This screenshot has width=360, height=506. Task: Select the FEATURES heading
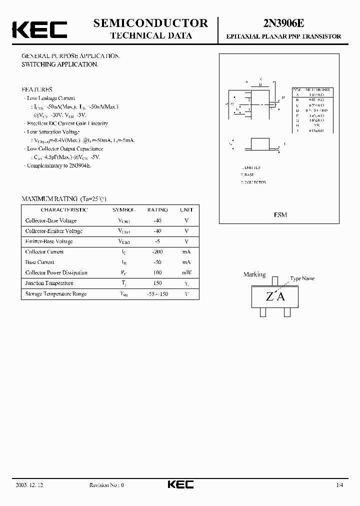point(37,89)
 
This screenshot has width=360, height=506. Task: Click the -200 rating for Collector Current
point(157,252)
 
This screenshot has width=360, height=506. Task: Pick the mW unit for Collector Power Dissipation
point(186,273)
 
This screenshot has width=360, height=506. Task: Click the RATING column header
point(157,210)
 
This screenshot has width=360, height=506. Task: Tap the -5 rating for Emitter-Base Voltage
point(157,241)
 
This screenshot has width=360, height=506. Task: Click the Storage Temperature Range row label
point(56,294)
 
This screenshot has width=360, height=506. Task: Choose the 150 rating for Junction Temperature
point(157,283)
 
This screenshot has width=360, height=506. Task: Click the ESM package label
point(280,214)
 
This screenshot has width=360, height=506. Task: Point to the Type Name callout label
point(302,278)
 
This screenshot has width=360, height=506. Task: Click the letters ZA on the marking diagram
point(275,296)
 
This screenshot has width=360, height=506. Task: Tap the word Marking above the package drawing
point(254,274)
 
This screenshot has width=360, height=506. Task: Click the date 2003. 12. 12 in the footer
point(29,485)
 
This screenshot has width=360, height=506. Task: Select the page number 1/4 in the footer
point(340,485)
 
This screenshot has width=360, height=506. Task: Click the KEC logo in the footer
point(179,484)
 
